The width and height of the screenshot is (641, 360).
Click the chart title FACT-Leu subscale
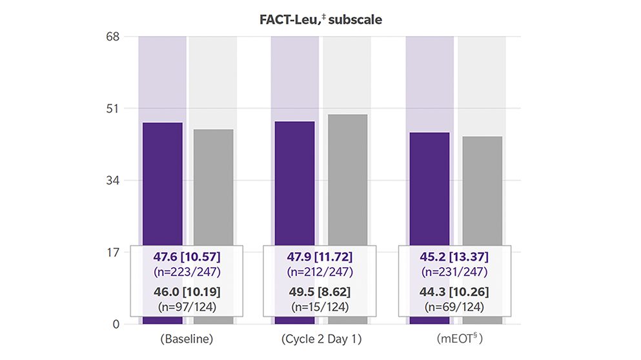[x=320, y=19]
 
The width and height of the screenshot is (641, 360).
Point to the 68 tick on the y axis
[x=114, y=37]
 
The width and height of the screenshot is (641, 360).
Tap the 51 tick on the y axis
[x=114, y=108]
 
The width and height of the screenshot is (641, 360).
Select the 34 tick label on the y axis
[x=114, y=180]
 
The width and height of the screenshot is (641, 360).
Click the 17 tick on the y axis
[x=114, y=252]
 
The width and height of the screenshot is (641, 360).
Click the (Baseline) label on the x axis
[x=187, y=340]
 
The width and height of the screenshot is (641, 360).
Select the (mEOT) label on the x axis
[x=454, y=340]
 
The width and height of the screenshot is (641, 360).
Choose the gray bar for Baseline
[x=214, y=187]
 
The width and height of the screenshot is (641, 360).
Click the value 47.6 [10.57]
[x=187, y=258]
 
